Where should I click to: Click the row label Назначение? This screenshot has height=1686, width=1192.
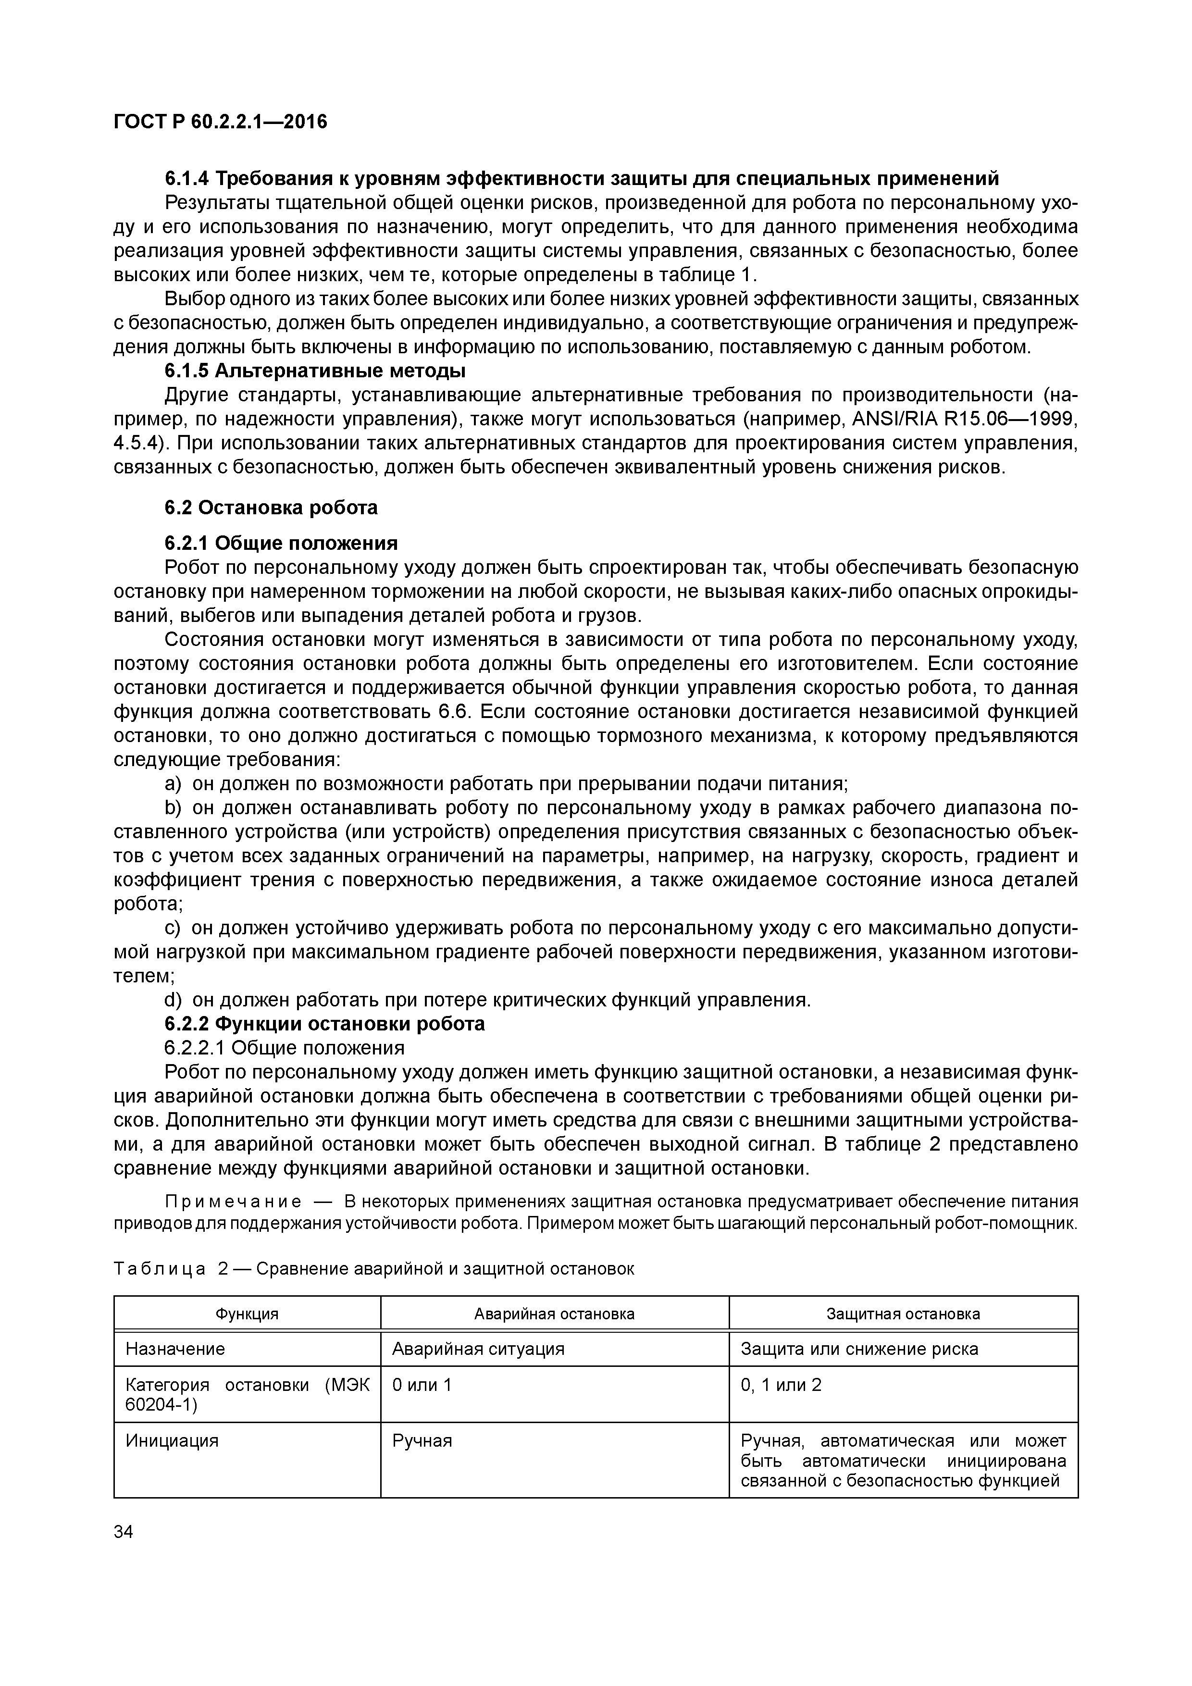[175, 1349]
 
